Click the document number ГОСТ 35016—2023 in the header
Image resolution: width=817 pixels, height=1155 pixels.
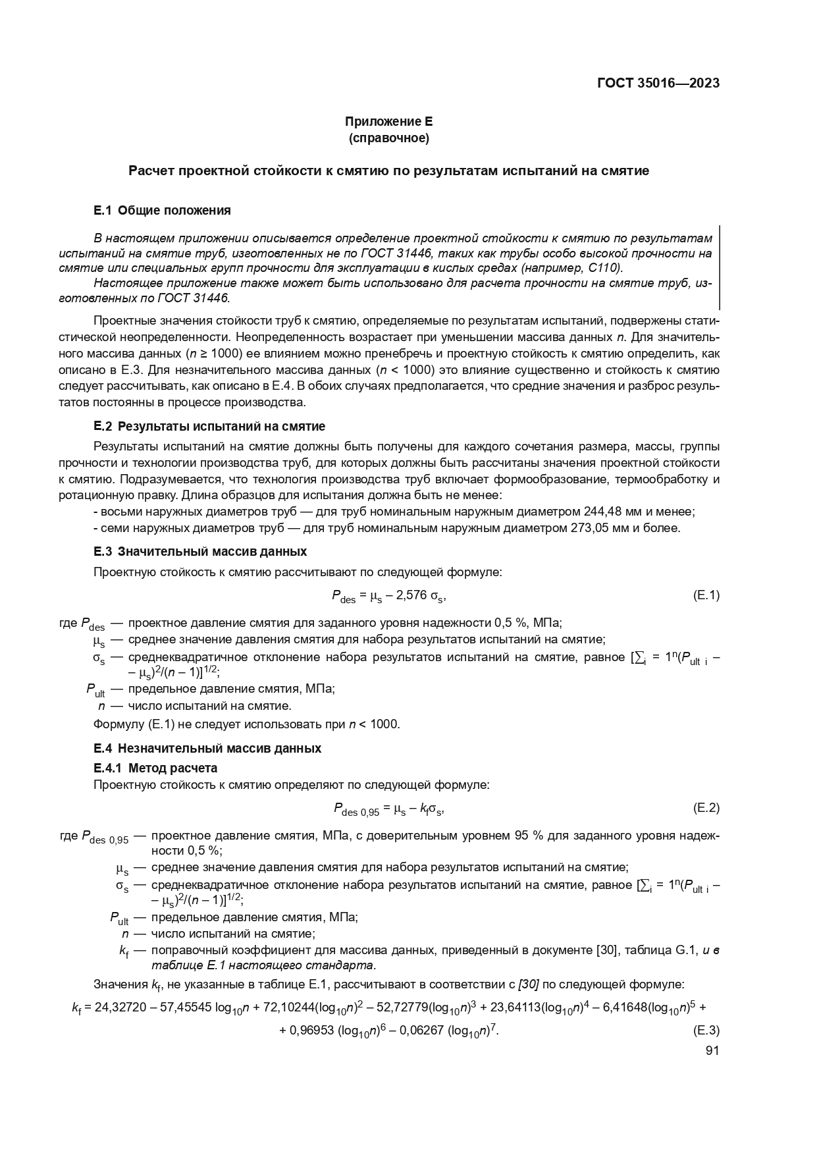658,83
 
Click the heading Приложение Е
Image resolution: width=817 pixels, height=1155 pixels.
388,121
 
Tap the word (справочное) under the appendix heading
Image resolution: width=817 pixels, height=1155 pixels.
388,138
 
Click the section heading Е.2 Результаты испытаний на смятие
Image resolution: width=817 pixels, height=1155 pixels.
209,426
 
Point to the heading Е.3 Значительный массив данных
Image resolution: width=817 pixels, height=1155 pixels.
200,551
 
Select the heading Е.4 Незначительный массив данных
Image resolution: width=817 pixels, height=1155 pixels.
207,748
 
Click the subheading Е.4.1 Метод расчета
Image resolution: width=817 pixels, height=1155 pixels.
155,768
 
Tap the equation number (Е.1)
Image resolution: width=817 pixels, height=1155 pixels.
706,595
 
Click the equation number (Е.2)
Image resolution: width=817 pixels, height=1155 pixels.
706,808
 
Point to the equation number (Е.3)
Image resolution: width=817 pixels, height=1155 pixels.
706,1030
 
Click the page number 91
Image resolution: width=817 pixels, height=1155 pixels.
712,1051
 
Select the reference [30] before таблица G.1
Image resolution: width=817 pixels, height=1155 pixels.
606,950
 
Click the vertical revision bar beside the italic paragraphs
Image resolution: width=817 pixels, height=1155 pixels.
719,267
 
